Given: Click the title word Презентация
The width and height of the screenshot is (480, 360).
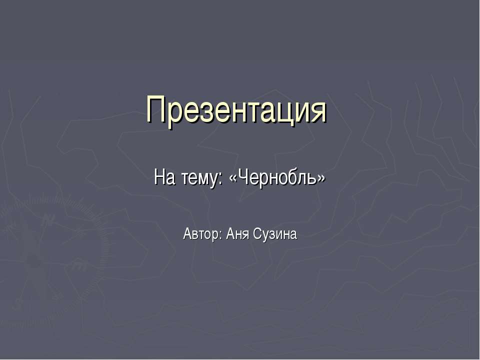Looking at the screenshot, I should tap(236, 110).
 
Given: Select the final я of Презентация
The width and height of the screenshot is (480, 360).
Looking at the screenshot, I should tap(318, 112).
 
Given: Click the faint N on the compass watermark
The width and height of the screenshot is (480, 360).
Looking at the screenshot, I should tap(47, 219).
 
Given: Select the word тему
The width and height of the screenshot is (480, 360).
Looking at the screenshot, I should tap(197, 177).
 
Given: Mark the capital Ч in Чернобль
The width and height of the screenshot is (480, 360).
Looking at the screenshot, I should tap(242, 176).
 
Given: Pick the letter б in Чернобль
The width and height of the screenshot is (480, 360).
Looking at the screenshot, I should tap(290, 176).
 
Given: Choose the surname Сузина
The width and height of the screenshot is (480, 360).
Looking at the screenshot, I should tap(275, 234).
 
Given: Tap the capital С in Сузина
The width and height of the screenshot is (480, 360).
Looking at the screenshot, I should tap(257, 233).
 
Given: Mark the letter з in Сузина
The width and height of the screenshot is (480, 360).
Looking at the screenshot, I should tap(271, 235).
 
